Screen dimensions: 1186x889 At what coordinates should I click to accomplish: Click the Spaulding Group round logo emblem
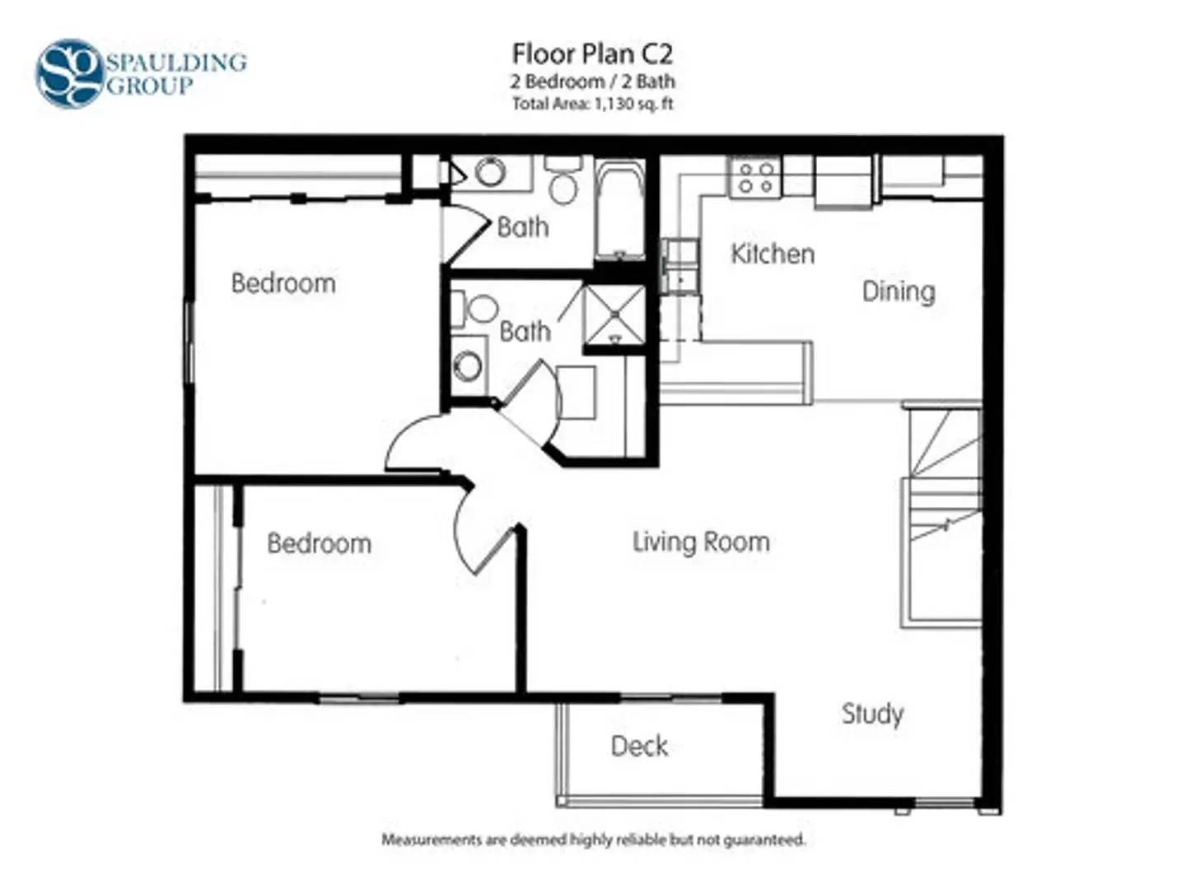69,73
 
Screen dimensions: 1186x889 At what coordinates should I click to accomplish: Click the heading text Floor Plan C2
593,54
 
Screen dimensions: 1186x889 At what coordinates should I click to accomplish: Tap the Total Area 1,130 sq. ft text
593,103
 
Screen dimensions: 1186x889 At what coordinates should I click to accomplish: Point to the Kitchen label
773,254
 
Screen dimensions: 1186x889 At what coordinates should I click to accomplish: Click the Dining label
898,292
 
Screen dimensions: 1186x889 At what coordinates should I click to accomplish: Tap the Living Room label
701,542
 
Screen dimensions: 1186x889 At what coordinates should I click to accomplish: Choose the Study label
872,714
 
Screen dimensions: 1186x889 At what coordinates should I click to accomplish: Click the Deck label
639,746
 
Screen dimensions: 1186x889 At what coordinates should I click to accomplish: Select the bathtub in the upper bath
619,208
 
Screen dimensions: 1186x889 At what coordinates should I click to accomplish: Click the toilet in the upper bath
563,180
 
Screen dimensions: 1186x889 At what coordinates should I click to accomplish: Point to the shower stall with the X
615,314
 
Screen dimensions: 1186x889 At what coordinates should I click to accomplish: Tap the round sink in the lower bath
468,366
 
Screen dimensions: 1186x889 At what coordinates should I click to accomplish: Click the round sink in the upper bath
490,172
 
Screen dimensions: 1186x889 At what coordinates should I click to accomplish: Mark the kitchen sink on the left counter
681,267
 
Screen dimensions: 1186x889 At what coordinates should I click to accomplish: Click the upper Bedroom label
283,283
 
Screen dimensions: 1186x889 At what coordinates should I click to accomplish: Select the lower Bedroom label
320,543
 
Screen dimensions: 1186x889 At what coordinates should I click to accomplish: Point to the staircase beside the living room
941,517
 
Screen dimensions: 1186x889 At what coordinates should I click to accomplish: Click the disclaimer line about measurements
593,840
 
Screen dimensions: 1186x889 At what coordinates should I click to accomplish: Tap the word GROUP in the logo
150,86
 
